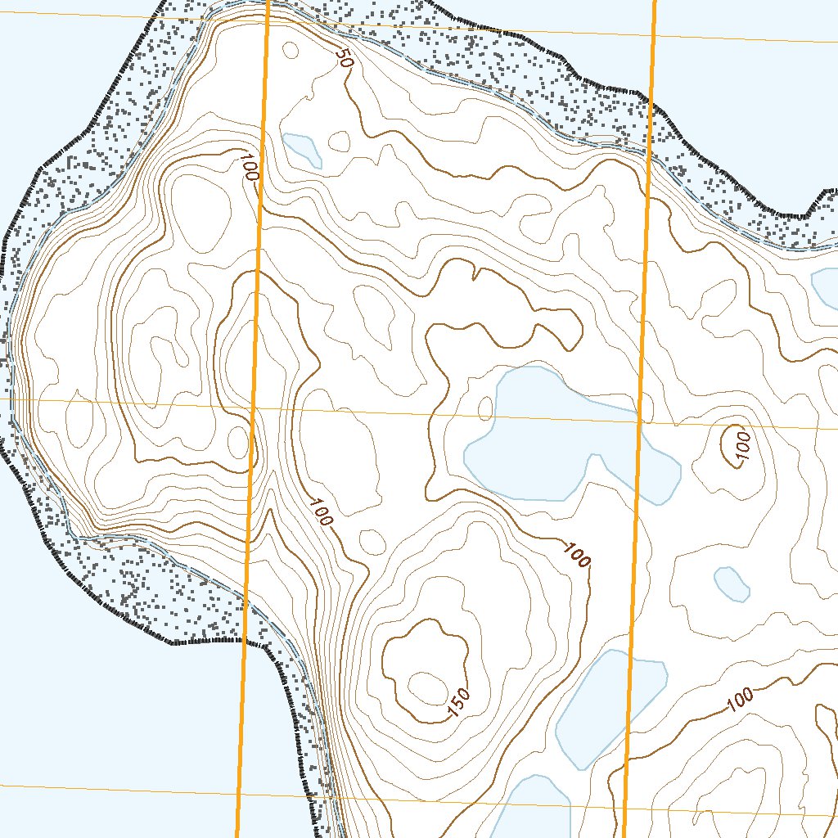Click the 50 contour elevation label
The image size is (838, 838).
[x=343, y=59]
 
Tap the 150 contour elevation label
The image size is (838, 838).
[x=459, y=705]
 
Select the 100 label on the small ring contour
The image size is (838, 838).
[x=741, y=447]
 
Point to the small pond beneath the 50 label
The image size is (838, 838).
[x=301, y=148]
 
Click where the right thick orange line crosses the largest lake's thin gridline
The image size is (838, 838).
[x=640, y=421]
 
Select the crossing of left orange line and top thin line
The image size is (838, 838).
[x=268, y=17]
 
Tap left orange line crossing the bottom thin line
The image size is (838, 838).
[x=238, y=790]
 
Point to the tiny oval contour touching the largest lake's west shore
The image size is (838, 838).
[x=486, y=408]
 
